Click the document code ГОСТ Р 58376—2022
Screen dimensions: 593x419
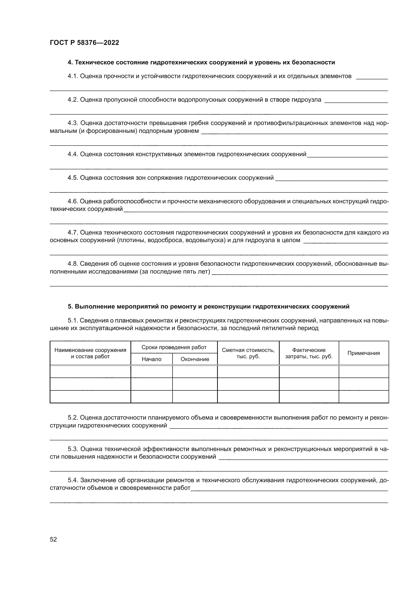click(84, 43)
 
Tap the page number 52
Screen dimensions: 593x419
click(53, 539)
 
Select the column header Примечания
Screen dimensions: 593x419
click(364, 353)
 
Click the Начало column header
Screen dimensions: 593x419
click(151, 359)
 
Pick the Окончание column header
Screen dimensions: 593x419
click(195, 359)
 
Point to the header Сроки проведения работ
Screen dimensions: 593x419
click(174, 347)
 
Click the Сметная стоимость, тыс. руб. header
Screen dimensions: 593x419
click(248, 353)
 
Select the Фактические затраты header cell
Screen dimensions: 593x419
click(309, 353)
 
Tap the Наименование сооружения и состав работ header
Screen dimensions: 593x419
click(90, 353)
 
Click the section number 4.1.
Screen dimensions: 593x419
click(73, 76)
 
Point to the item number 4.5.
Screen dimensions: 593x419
click(73, 178)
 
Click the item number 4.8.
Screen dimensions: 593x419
click(73, 264)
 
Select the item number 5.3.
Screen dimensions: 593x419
click(73, 449)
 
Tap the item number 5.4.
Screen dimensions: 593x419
click(73, 480)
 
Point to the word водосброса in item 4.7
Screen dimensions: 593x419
click(165, 240)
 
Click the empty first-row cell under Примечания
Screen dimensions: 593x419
click(364, 372)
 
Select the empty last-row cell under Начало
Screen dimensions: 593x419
click(151, 397)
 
